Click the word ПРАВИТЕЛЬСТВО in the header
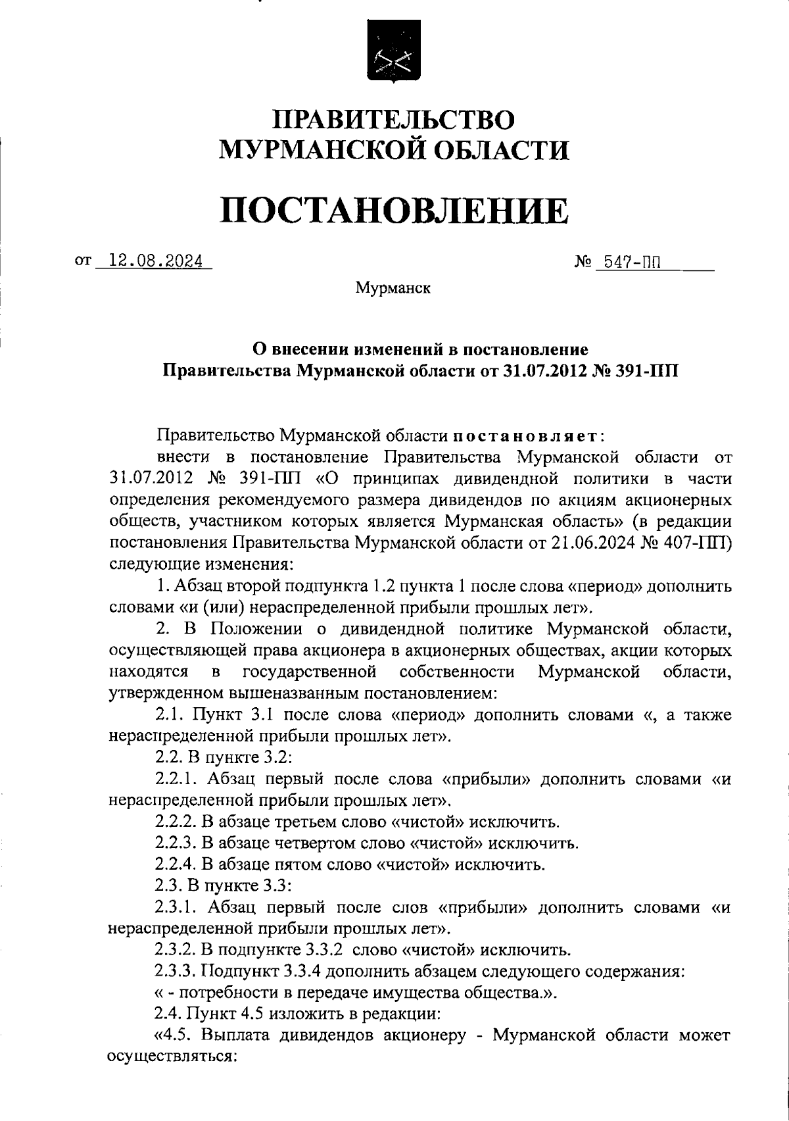click(394, 120)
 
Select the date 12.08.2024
click(155, 261)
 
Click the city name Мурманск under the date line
click(393, 288)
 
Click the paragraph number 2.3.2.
click(174, 950)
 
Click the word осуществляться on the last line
click(171, 1057)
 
